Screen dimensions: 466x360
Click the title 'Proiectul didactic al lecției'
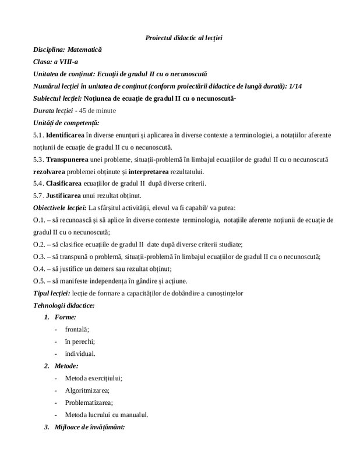[x=183, y=38]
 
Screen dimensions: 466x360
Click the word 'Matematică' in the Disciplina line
[x=86, y=51]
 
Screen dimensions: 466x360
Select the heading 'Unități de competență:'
[x=66, y=122]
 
